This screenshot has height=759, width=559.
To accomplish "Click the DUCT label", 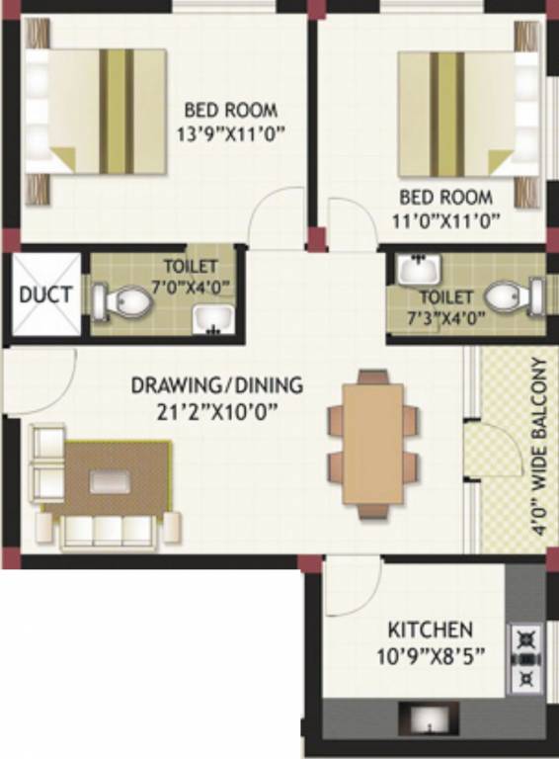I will pos(45,295).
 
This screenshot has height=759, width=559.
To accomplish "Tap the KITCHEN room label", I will pos(430,629).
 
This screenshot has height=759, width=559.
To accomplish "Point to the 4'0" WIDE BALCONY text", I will pos(538,447).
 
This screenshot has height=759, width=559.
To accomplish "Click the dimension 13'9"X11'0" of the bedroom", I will pos(230,132).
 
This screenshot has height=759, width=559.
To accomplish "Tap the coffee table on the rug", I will pos(107,481).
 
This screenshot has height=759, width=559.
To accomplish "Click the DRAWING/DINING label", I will pos(217,384).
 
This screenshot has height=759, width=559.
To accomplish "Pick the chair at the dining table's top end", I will pos(372,376).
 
